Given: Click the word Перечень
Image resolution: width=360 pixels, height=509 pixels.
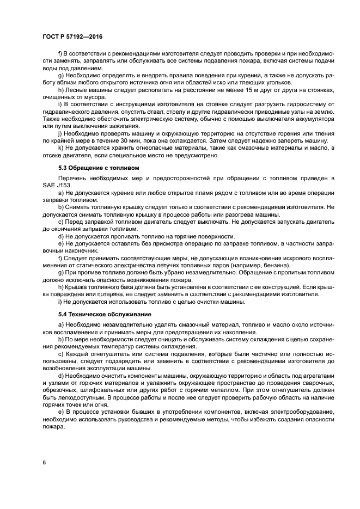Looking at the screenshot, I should click(x=73, y=179).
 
